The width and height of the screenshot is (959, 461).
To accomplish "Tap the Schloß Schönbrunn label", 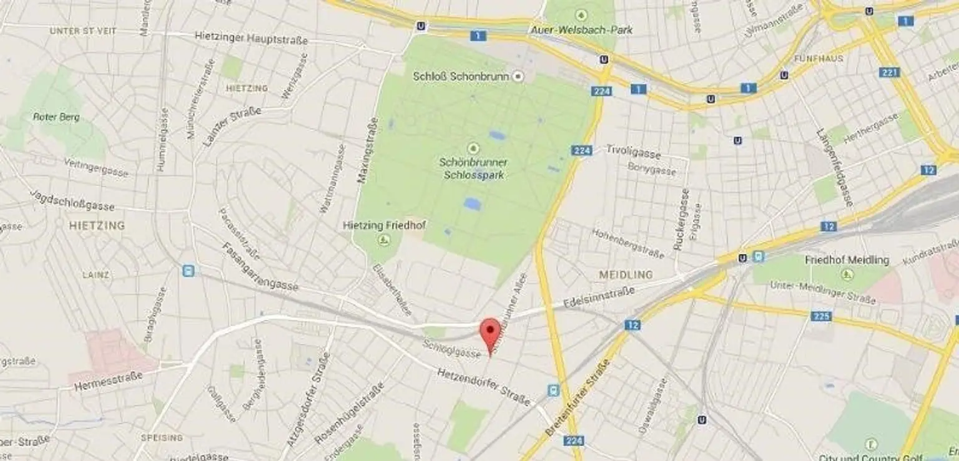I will (x=462, y=76).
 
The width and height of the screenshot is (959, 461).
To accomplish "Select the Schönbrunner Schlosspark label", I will (x=473, y=168).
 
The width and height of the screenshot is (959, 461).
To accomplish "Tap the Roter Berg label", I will (x=56, y=117).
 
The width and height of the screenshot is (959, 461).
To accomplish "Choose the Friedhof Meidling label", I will (x=847, y=260).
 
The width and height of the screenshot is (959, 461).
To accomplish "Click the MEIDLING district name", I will (x=626, y=274).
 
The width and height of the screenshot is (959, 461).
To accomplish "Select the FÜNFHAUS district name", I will (x=819, y=58).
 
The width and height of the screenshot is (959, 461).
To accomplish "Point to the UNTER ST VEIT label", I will (x=83, y=31).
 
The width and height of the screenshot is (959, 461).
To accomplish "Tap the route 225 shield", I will (x=822, y=316).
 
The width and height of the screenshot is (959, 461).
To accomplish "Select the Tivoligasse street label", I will (x=633, y=150).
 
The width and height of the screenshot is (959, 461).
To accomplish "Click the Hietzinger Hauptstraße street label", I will (x=252, y=39).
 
